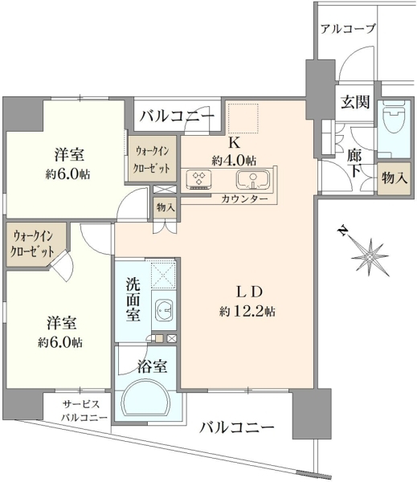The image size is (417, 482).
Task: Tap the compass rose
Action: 370,256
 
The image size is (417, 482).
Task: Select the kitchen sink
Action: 253,179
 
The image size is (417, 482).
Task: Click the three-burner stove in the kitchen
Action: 199,179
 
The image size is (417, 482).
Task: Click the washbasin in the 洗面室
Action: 163,309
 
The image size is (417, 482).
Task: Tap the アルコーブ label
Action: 348,29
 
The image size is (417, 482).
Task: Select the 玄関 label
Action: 355,102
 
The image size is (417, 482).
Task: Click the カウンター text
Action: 244,199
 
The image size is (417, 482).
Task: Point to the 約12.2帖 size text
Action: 247,312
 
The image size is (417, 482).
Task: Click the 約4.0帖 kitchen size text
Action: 234,160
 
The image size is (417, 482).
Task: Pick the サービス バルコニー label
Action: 84,411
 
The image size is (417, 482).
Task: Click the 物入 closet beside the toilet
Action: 394,178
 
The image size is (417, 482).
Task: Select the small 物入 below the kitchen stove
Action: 166,208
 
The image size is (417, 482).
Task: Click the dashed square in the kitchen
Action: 243,118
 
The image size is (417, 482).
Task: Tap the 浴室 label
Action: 153,366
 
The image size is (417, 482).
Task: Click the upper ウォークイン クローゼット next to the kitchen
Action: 153,158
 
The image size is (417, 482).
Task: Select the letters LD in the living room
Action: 249,292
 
